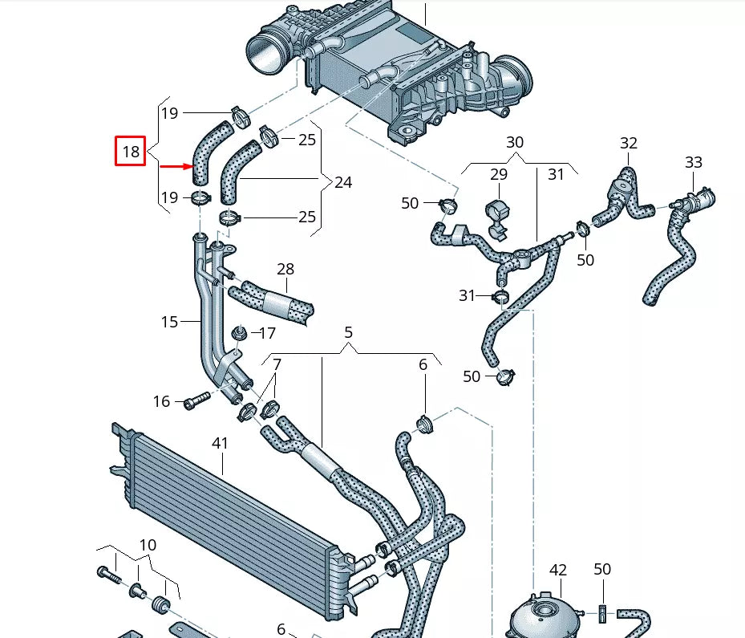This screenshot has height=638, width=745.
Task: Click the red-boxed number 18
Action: pyautogui.click(x=131, y=151)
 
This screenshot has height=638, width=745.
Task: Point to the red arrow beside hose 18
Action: pyautogui.click(x=177, y=167)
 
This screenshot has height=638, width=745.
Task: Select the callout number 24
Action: pyautogui.click(x=342, y=183)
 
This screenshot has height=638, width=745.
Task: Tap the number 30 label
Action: pyautogui.click(x=515, y=142)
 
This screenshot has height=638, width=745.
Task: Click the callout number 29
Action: pyautogui.click(x=499, y=174)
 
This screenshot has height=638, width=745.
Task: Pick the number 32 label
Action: pyautogui.click(x=629, y=143)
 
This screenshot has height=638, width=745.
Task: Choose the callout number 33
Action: pyautogui.click(x=694, y=163)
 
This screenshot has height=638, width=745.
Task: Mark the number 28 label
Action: pyautogui.click(x=285, y=269)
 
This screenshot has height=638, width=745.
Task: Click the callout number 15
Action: pyautogui.click(x=169, y=322)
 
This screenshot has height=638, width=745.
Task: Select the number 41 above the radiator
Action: pyautogui.click(x=220, y=443)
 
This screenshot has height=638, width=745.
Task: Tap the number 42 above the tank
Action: pyautogui.click(x=558, y=570)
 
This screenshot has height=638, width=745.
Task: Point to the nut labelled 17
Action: pyautogui.click(x=238, y=332)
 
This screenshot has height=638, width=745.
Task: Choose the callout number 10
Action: pyautogui.click(x=148, y=546)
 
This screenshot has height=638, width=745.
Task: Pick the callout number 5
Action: pyautogui.click(x=349, y=331)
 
